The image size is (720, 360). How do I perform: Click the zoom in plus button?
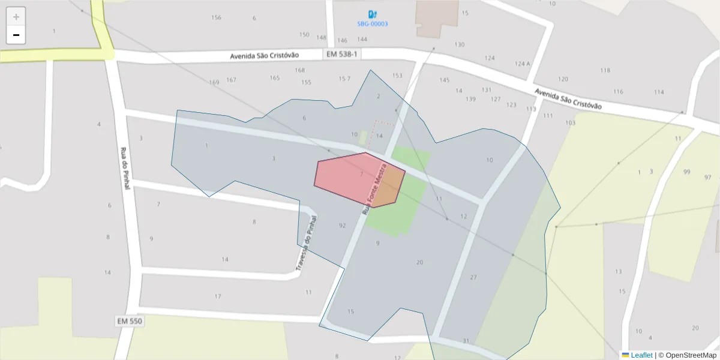[x=16, y=17]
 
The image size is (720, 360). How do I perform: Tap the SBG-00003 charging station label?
[x=373, y=24]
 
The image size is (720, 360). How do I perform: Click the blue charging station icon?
[x=373, y=14]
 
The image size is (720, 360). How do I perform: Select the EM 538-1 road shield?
[x=341, y=55]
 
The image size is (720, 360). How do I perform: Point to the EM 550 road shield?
[x=130, y=321]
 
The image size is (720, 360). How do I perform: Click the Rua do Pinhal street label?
[x=125, y=169]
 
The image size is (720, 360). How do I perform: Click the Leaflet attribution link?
[x=641, y=355]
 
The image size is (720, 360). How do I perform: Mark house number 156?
[x=216, y=17]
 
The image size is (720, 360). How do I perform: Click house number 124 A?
[x=522, y=64]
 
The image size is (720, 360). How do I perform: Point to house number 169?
[x=214, y=82]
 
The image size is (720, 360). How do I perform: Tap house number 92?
[x=342, y=226]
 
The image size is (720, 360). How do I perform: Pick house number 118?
[x=605, y=70]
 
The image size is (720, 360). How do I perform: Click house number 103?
[x=570, y=122]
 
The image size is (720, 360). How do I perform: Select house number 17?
[x=218, y=296]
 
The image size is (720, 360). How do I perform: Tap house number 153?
[x=397, y=76]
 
